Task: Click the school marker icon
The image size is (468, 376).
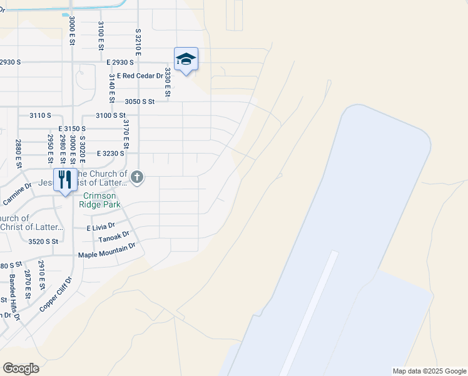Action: point(186,60)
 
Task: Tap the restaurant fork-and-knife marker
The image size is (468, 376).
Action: point(66,180)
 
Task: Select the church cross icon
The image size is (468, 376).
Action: point(138,178)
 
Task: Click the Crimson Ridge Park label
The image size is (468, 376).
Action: point(101,200)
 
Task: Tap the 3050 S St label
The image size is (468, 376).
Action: point(140,101)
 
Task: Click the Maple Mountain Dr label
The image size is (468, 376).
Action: point(106,255)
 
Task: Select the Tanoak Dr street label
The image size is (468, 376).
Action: point(114,238)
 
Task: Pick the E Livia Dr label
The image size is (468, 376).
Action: point(101,227)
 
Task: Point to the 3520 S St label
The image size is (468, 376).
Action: point(43,241)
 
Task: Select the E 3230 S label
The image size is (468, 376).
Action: point(111,153)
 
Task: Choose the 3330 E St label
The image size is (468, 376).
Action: point(167,82)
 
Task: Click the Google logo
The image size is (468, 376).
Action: point(21,368)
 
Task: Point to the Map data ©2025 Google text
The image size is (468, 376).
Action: point(429,371)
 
